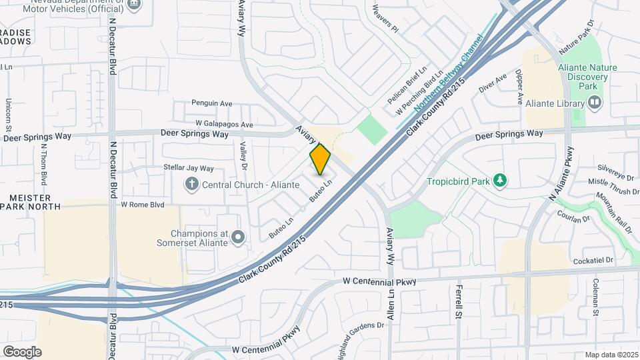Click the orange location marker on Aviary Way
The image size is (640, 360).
point(320,159)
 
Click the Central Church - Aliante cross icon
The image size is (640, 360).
point(192,183)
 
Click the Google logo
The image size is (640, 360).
point(22,351)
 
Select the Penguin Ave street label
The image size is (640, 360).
point(211,103)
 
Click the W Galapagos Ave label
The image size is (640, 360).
point(224,124)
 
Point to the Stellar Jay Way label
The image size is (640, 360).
point(189,168)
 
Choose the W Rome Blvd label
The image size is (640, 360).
point(142,205)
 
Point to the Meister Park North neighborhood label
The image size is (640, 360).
point(30,202)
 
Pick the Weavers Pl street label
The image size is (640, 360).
point(385,20)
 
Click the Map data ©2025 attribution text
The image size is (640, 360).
point(611,355)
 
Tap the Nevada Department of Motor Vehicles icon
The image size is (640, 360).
point(134,4)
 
